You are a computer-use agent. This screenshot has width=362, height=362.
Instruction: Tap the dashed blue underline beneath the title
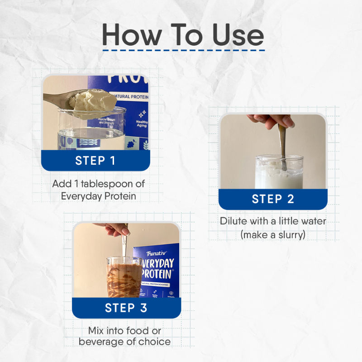pyautogui.click(x=183, y=50)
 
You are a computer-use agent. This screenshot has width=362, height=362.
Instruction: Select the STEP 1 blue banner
pyautogui.click(x=95, y=161)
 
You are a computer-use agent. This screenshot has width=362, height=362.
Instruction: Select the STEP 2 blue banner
pyautogui.click(x=273, y=199)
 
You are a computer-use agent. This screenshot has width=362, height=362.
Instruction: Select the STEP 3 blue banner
pyautogui.click(x=126, y=308)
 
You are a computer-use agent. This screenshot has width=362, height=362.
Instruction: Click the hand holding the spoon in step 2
pyautogui.click(x=272, y=121)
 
